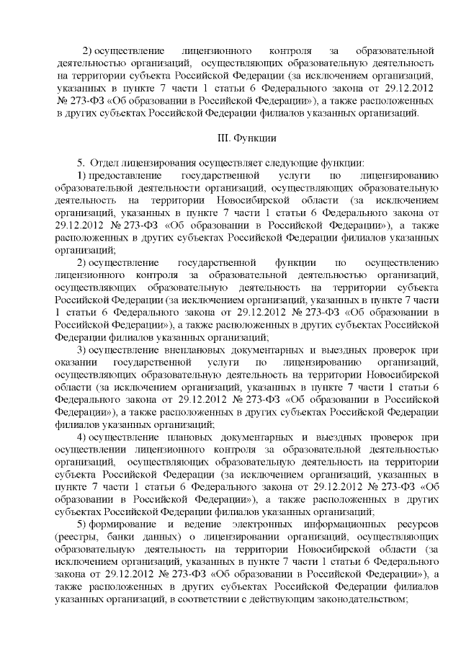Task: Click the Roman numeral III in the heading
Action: (223, 137)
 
